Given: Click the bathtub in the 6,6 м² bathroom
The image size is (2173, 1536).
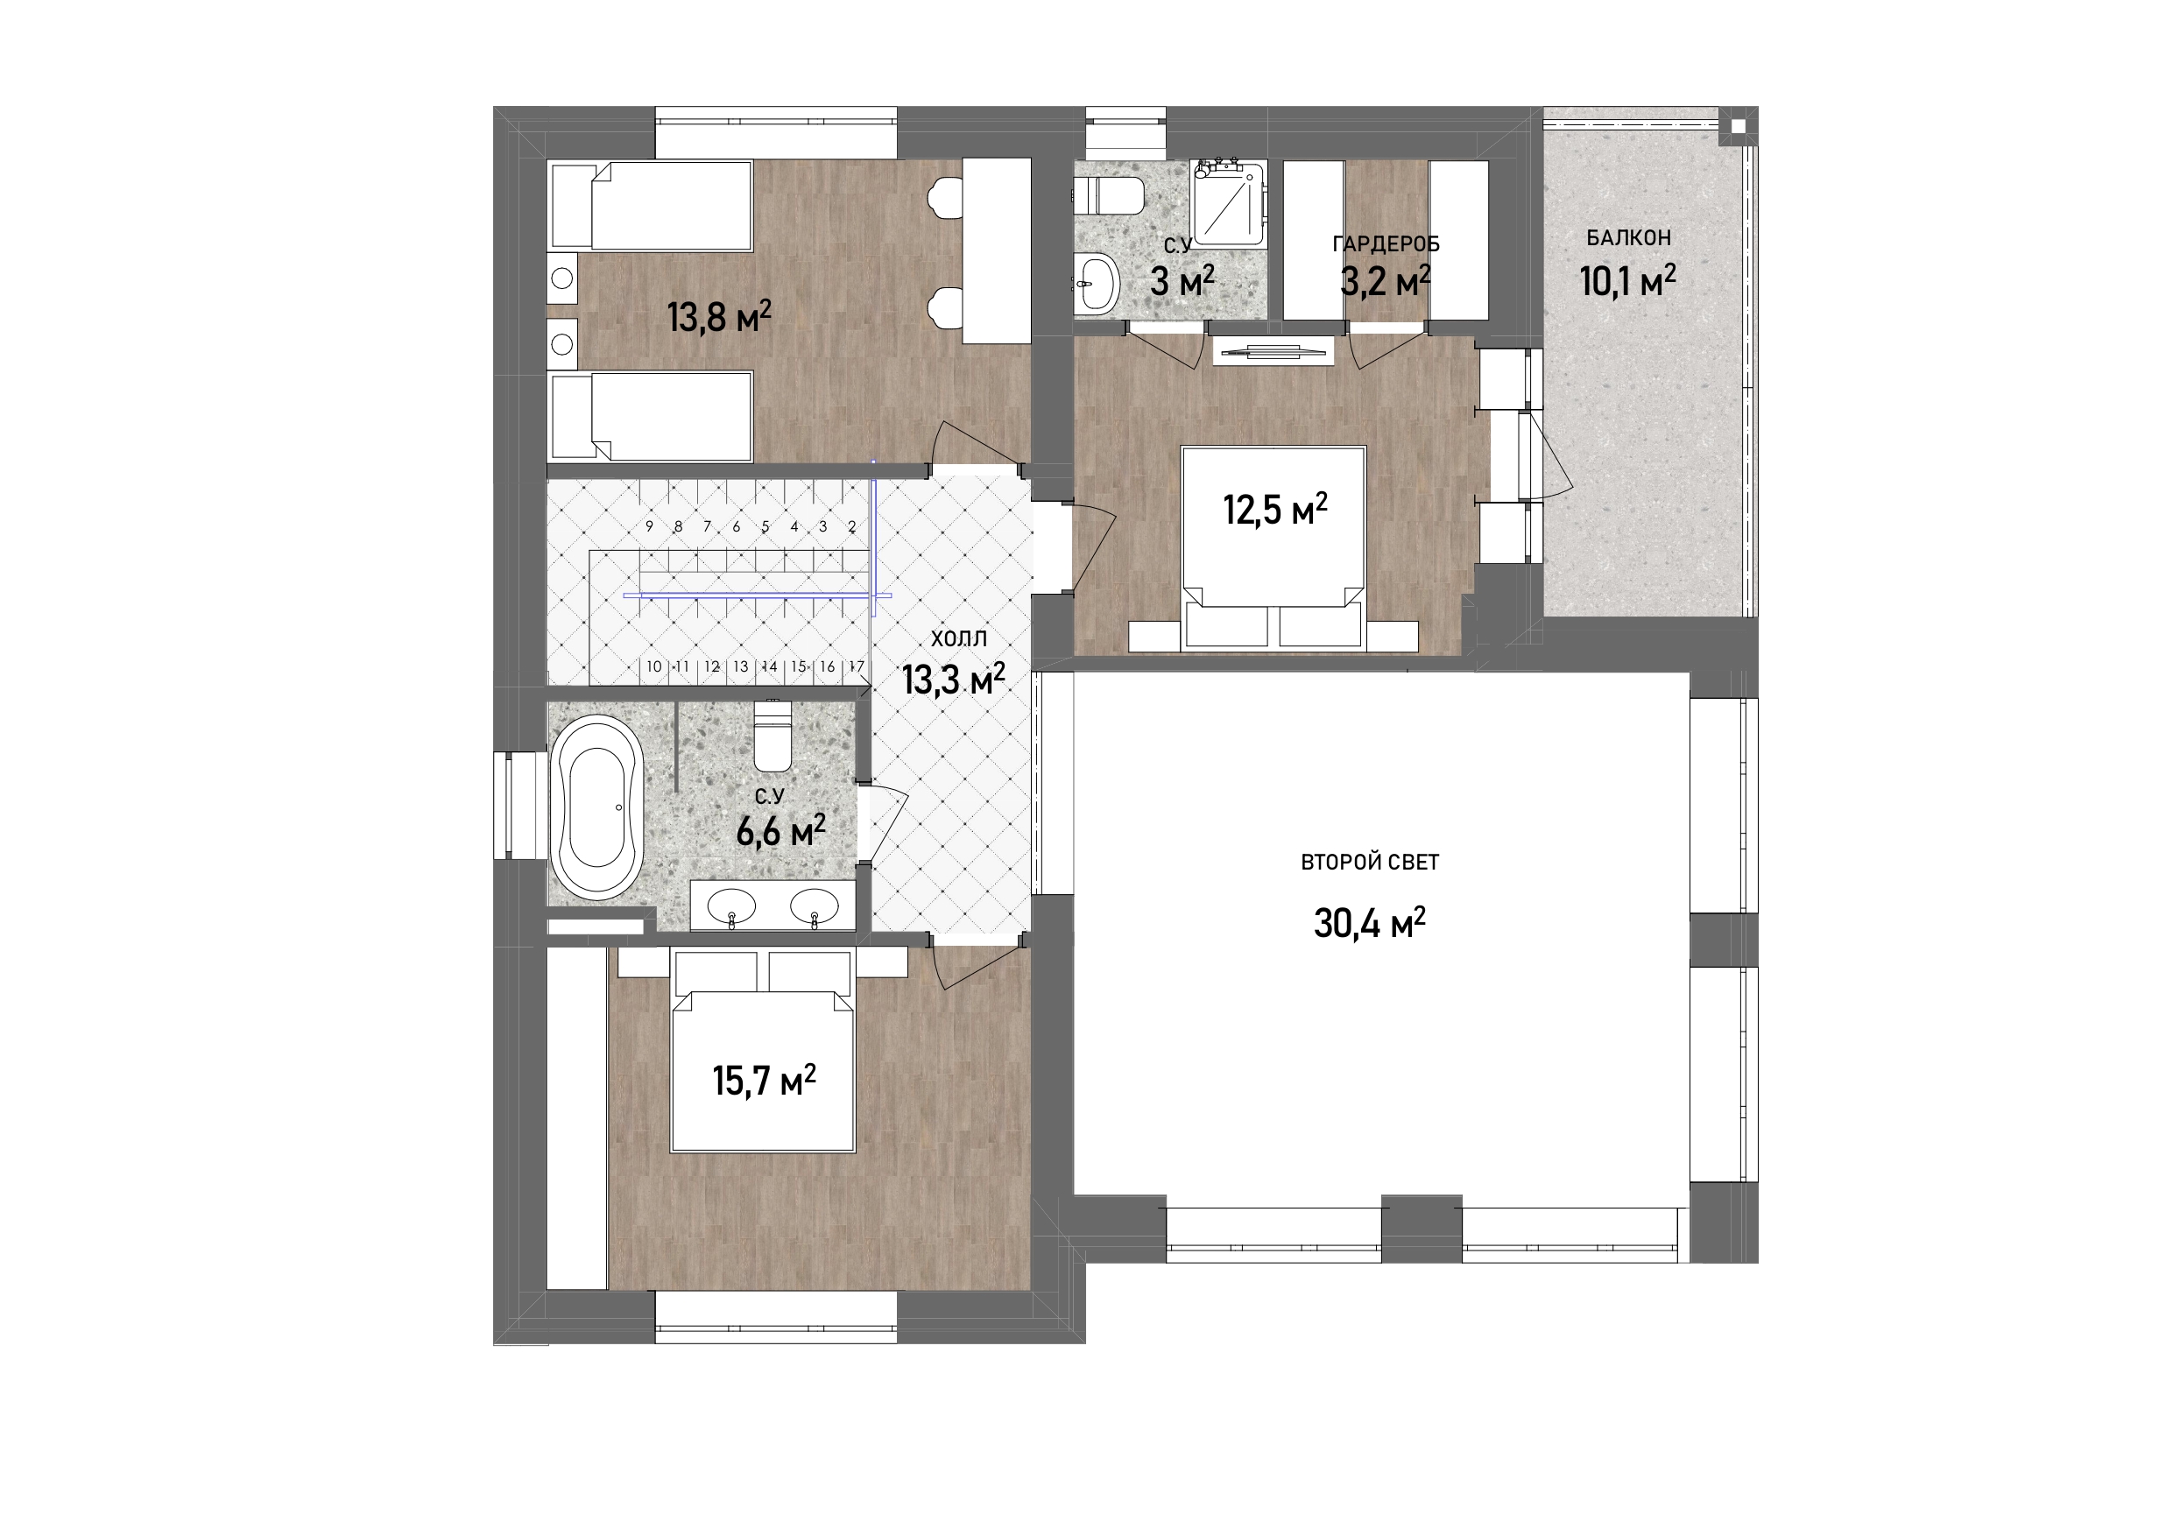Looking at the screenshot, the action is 596,807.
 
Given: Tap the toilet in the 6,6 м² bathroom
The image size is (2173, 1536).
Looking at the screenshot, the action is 773,736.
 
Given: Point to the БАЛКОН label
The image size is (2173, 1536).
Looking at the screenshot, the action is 1629,238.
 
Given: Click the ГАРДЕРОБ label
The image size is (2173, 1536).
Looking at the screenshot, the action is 1386,244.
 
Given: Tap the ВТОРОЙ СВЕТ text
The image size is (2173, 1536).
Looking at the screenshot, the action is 1370,863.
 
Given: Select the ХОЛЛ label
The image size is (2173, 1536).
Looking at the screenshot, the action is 959,638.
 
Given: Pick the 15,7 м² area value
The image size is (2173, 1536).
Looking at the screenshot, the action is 764,1080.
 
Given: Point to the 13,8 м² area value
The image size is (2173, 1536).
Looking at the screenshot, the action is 719,316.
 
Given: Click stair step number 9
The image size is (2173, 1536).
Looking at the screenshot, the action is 649,527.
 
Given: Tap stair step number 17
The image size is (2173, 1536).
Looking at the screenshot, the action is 857,667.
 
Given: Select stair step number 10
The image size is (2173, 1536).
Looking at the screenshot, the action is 654,667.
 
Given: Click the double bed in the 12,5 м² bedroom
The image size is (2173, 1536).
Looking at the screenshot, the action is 1273,549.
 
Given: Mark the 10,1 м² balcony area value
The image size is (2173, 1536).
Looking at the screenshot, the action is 1628,281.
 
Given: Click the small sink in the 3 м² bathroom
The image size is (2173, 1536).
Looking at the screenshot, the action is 1097,281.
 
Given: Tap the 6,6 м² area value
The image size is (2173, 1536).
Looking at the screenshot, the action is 780,832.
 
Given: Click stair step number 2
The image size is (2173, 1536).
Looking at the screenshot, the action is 852,527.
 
